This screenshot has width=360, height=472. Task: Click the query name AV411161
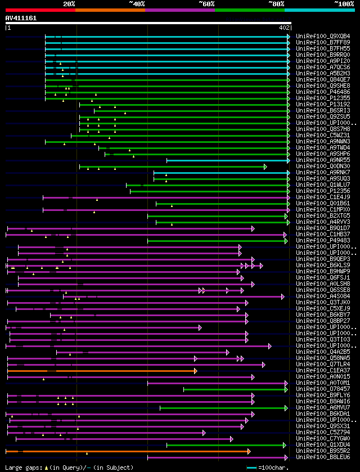tap(21, 18)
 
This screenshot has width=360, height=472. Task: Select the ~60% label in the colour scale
tap(206, 3)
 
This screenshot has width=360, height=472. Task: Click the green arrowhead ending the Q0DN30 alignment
tap(265, 167)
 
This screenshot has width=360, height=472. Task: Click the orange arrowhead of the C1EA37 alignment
tap(195, 371)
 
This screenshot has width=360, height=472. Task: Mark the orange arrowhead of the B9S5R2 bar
tap(249, 451)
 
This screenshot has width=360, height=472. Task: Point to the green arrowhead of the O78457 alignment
tap(286, 389)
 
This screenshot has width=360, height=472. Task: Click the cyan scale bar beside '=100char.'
tap(251, 467)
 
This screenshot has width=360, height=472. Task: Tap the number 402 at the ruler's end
tap(283, 27)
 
